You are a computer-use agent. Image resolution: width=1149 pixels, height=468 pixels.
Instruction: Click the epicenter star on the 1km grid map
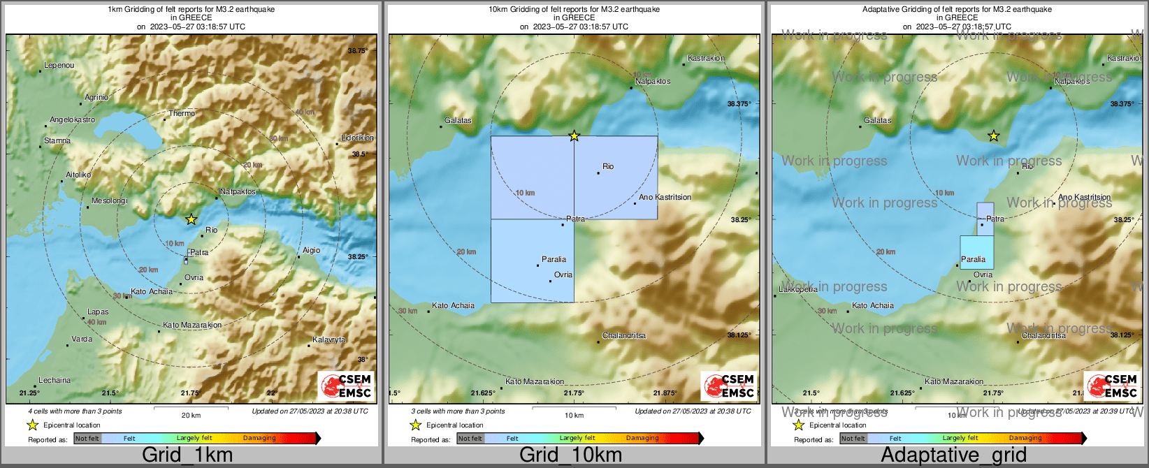coord(191,219)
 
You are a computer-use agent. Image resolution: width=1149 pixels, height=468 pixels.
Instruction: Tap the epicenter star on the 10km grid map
coord(574,136)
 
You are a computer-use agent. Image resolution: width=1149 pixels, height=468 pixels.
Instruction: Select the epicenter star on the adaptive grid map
coord(993,136)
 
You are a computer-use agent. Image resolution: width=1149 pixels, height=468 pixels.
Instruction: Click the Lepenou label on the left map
coord(59,66)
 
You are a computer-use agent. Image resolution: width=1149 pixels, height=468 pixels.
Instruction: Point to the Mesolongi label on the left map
coord(109,201)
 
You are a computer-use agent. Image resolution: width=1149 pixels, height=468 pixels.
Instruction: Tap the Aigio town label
coord(311,250)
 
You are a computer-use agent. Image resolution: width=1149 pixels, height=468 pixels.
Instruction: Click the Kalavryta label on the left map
coord(328,340)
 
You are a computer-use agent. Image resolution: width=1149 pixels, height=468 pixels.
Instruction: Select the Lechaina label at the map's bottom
coord(55,381)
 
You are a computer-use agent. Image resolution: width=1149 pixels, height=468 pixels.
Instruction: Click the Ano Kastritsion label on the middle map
coord(665,198)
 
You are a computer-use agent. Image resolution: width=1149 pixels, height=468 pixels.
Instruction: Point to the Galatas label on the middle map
coord(458,121)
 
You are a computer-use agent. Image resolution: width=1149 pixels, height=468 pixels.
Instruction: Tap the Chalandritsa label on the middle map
coord(623,336)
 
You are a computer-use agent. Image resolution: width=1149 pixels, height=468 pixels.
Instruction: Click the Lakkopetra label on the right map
coord(798,289)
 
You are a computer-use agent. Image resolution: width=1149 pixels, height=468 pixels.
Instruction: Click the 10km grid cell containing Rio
coord(615,178)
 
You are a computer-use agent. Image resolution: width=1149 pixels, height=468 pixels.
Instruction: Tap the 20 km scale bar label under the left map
coord(191,416)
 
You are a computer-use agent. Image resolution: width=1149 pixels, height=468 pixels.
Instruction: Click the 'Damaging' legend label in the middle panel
coord(642,439)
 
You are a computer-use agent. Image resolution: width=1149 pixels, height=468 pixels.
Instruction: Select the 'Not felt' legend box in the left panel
coord(87,439)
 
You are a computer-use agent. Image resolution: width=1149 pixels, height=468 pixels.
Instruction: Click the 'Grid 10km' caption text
coord(570,455)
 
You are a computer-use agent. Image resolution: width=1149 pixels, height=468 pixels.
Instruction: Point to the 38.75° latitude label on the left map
coord(357,50)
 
